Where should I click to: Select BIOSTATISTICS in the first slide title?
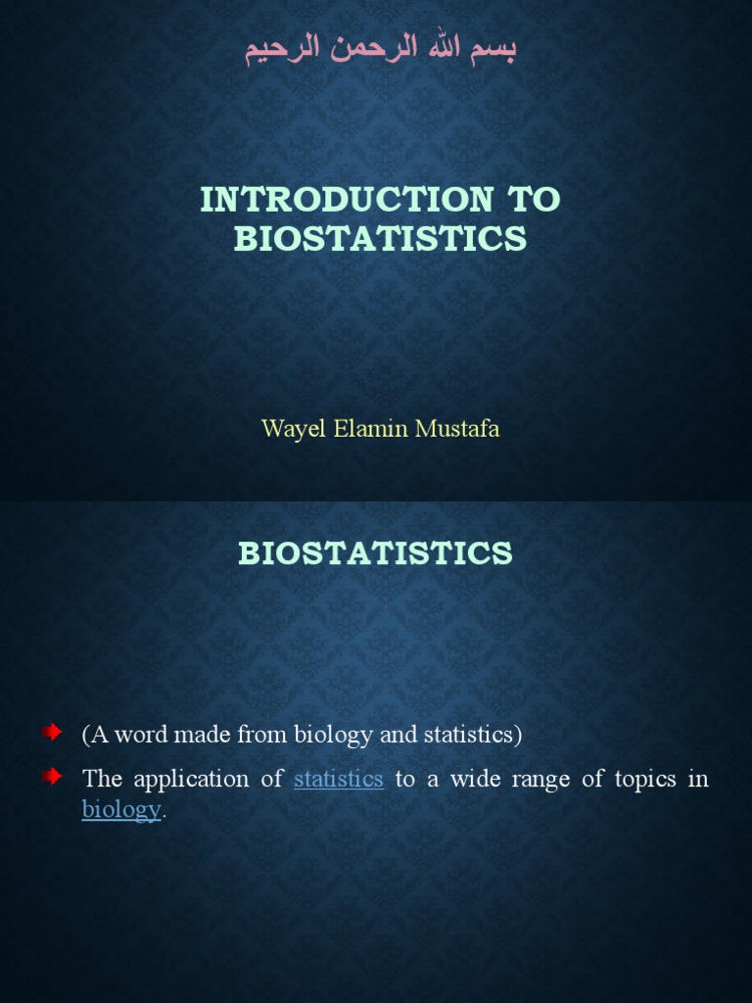coord(380,239)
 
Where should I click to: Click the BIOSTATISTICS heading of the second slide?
coord(375,553)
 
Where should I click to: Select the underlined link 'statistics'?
coord(338,780)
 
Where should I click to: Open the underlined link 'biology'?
coord(120,810)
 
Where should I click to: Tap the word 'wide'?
coord(472,780)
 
